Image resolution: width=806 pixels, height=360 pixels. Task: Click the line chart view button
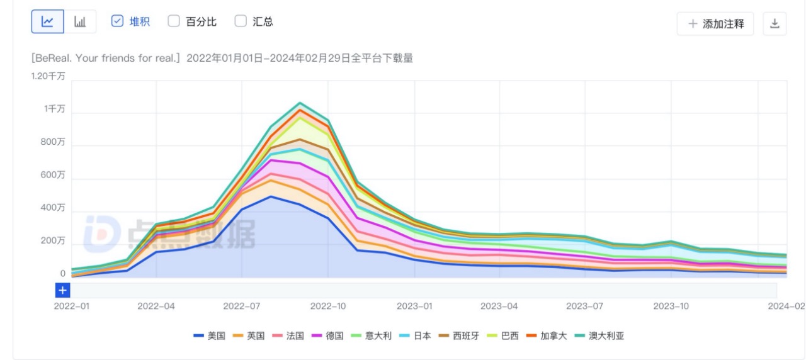(48, 22)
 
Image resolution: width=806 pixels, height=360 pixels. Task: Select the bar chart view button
(80, 22)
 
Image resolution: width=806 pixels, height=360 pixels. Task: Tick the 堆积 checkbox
(117, 21)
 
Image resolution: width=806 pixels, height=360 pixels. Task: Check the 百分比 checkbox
(174, 21)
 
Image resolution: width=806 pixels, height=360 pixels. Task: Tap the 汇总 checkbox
(241, 21)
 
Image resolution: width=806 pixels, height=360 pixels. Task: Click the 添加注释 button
(715, 24)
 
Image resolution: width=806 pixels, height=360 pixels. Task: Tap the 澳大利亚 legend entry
(602, 335)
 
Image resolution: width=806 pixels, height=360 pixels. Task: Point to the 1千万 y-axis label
(55, 109)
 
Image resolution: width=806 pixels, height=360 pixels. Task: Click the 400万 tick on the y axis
(54, 208)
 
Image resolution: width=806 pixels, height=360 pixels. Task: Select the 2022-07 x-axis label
(242, 306)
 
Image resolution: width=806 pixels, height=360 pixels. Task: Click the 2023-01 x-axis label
(414, 306)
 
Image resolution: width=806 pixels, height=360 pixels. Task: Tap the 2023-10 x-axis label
(671, 306)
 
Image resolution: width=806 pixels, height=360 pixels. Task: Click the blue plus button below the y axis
(62, 290)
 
